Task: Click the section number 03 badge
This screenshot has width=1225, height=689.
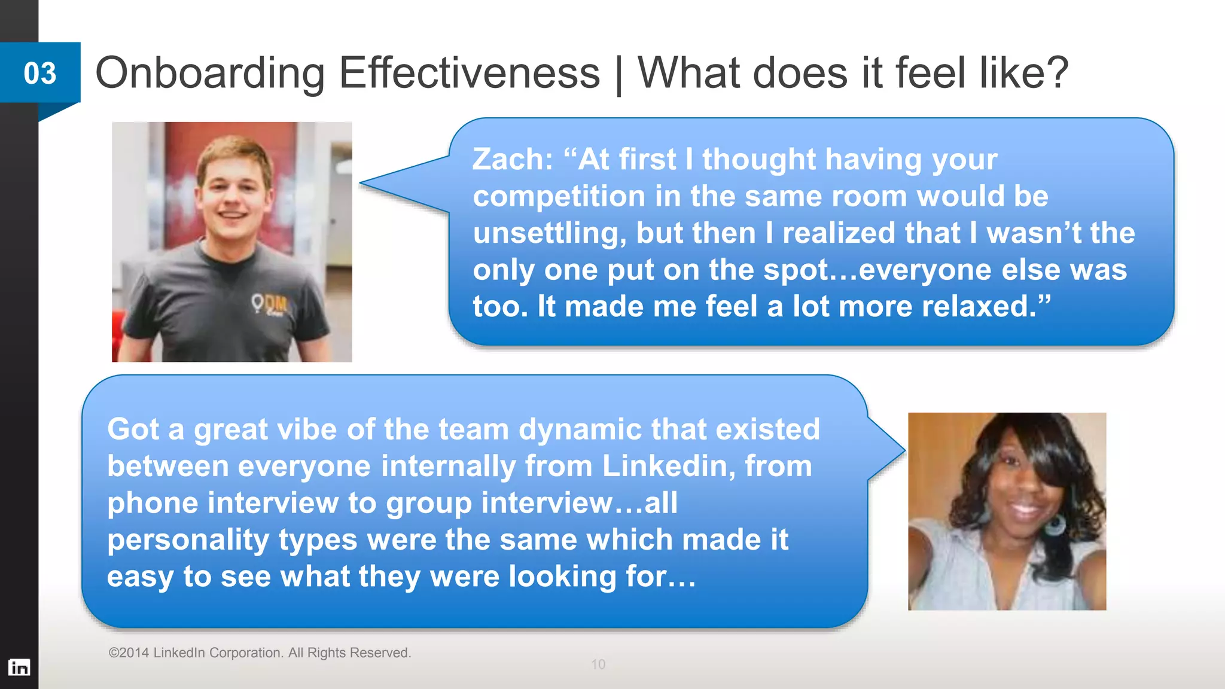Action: point(40,73)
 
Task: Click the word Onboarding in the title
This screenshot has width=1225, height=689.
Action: point(209,73)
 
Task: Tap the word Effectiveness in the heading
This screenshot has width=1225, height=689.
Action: point(469,73)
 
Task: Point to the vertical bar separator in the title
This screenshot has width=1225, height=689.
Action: point(618,75)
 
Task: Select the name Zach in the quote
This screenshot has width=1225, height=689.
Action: point(512,160)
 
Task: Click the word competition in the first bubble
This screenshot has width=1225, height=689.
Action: point(559,197)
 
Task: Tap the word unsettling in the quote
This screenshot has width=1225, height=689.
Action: point(547,233)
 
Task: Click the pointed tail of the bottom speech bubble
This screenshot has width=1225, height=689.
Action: point(894,450)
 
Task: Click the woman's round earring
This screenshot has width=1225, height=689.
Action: point(1055,524)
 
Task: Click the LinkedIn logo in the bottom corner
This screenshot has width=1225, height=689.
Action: point(19,667)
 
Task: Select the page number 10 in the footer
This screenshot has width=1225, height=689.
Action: point(598,664)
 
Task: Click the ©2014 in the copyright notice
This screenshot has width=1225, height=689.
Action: point(129,653)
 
